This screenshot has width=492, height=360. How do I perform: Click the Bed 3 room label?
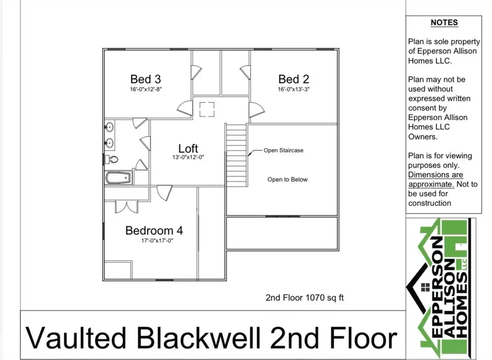pos(145,79)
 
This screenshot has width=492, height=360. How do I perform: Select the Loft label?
pos(188,148)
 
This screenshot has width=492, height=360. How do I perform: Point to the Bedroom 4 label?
pos(150,231)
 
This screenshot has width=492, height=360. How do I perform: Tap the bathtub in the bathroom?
pos(118,178)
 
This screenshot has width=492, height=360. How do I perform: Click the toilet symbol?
pos(112,160)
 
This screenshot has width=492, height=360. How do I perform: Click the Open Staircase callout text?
pos(283,151)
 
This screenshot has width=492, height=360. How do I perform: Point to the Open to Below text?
pos(288,180)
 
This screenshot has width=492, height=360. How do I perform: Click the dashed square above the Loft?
pos(207,109)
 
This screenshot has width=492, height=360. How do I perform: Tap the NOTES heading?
pos(444,23)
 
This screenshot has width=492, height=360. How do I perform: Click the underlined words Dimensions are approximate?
pos(435,179)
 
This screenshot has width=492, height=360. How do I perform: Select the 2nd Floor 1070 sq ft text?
pos(304,298)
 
